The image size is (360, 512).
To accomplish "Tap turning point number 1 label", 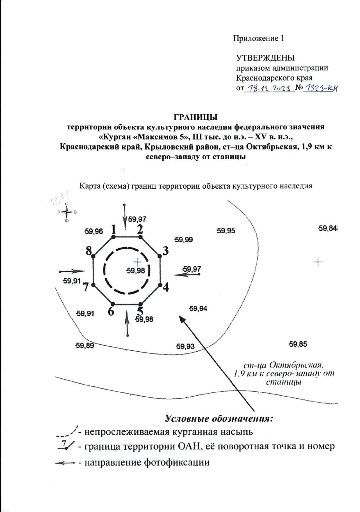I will coord(113,230).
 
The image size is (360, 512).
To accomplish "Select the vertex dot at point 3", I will coord(160,257).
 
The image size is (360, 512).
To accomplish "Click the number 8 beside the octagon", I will coord(89,251).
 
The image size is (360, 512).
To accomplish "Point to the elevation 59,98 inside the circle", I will coord(136,271).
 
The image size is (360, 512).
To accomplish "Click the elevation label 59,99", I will coord(184,240).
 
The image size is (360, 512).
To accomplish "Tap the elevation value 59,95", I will coord(226,231).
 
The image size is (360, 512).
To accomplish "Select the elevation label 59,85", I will coord(298,344).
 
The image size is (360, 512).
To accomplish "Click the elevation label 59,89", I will coord(85,346).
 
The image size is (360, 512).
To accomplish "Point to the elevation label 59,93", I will coord(185,346).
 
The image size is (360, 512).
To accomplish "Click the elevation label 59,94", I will coord(198,308).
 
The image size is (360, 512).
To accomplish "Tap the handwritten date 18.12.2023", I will coord(269,88).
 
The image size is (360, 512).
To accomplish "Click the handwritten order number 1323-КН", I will coord(321,88).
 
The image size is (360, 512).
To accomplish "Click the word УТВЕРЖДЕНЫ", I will coord(265,58).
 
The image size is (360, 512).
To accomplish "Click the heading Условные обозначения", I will coord(219,418).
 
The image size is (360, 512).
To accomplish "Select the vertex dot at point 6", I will coord(112,304).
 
